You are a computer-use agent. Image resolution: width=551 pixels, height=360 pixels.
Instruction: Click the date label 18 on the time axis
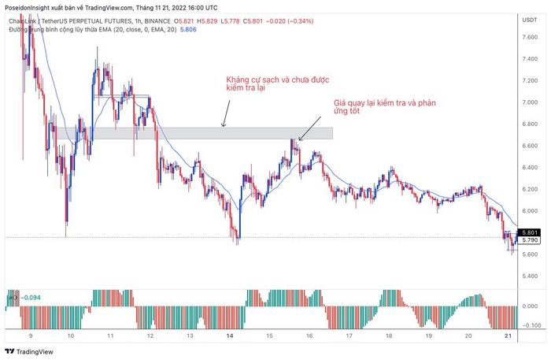click(389, 336)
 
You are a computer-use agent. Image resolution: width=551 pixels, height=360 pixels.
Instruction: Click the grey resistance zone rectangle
click(213, 134)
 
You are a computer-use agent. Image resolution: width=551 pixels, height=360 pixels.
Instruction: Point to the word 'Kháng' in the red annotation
click(237, 80)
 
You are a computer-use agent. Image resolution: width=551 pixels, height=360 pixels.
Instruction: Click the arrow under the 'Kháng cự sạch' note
click(225, 118)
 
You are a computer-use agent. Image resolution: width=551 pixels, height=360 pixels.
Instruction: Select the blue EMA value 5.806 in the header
click(189, 29)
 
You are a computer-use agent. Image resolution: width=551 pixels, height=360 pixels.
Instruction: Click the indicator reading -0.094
click(32, 298)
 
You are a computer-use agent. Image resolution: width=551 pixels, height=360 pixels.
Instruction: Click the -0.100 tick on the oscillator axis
click(531, 325)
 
